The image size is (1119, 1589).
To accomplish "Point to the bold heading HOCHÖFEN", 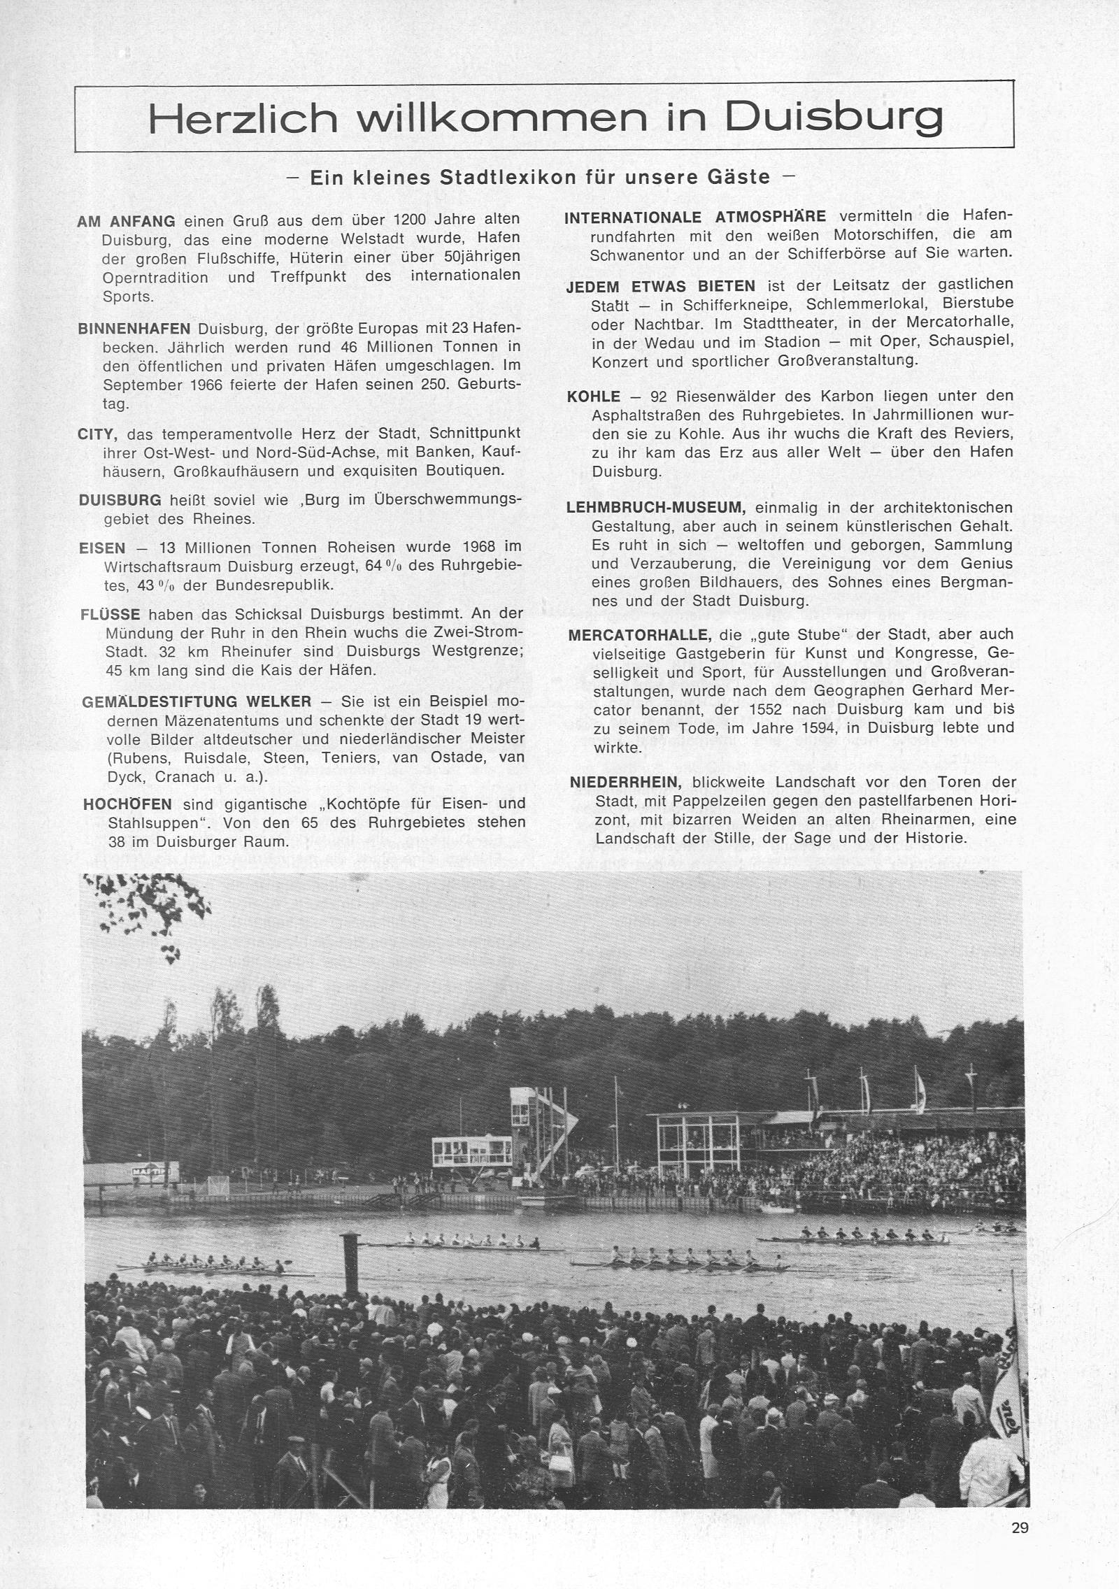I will (127, 804).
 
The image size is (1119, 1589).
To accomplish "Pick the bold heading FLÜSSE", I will (111, 614).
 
